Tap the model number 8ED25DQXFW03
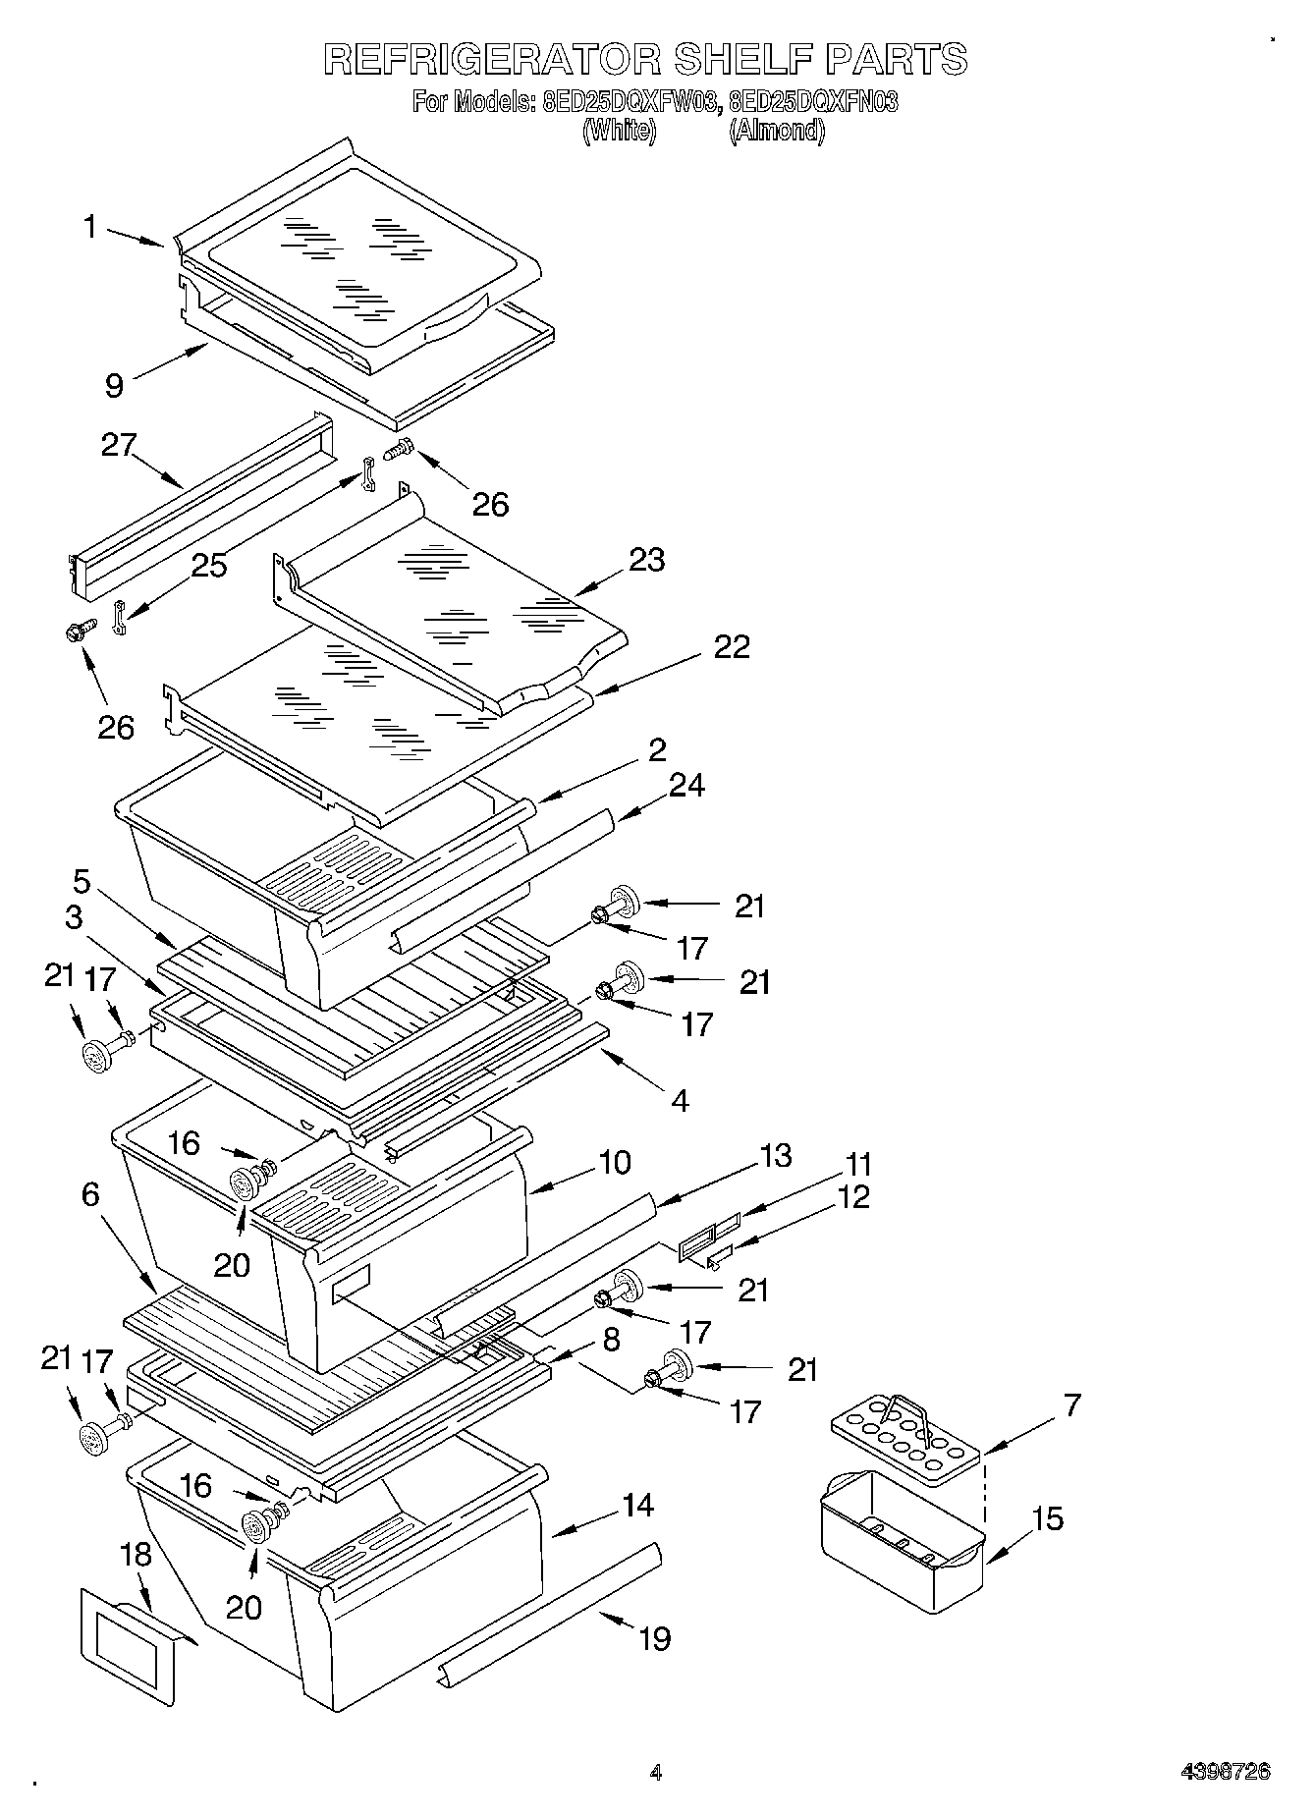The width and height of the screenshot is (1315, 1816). click(x=626, y=102)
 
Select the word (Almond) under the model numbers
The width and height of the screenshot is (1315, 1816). click(x=776, y=131)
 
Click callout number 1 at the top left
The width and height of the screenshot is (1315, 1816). click(x=90, y=228)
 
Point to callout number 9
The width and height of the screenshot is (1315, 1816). click(x=115, y=385)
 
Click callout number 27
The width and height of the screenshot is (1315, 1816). click(x=119, y=445)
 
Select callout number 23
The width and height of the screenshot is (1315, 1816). click(x=647, y=560)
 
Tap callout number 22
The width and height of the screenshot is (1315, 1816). click(x=732, y=646)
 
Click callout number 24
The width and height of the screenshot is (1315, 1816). click(x=687, y=785)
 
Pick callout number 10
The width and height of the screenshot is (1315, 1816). click(x=614, y=1162)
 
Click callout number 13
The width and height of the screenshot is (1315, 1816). click(x=776, y=1155)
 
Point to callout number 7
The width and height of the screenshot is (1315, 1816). click(x=1071, y=1405)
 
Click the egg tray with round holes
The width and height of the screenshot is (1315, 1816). click(x=904, y=1443)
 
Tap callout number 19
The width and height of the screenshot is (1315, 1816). click(x=654, y=1638)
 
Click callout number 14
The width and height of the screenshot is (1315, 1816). click(x=638, y=1505)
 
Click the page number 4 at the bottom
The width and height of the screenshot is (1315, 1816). click(x=656, y=1773)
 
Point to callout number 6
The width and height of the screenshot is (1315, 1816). click(x=90, y=1194)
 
